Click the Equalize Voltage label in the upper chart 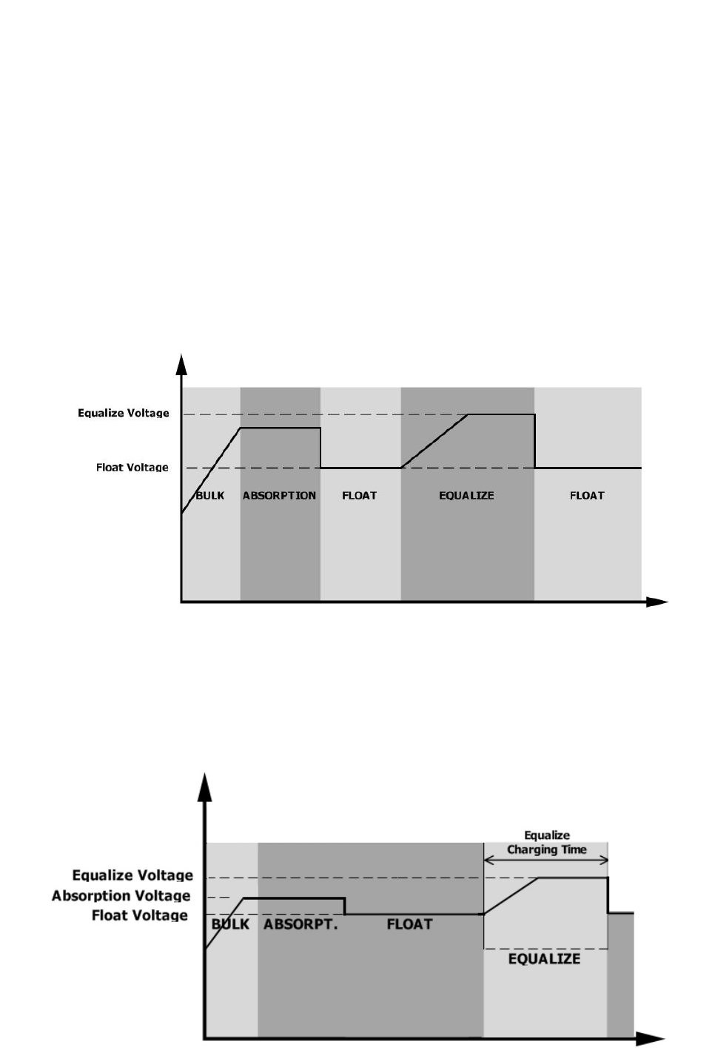click(x=124, y=413)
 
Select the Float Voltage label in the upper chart click(x=132, y=467)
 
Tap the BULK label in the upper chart click(x=209, y=495)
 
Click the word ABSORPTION click(x=279, y=495)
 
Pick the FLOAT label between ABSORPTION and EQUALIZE click(x=360, y=495)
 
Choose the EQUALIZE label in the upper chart click(x=466, y=495)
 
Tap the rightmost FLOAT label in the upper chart click(x=587, y=495)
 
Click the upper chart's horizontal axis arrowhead click(x=658, y=602)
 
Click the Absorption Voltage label click(x=121, y=895)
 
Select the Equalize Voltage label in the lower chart click(x=132, y=875)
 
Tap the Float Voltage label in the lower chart click(x=140, y=915)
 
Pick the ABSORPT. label click(x=301, y=924)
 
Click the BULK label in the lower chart click(x=230, y=924)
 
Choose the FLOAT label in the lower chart click(x=409, y=924)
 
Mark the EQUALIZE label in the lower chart click(x=544, y=959)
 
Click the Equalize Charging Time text click(x=546, y=842)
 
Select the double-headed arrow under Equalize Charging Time click(x=546, y=860)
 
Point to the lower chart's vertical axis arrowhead click(x=204, y=787)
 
